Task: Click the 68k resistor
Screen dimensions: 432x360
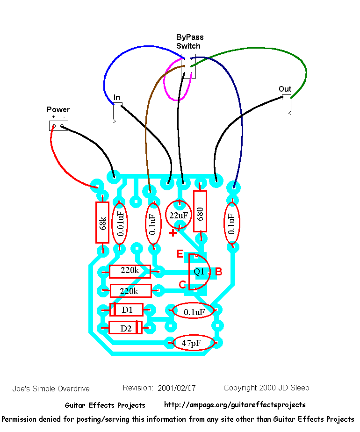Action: click(x=102, y=223)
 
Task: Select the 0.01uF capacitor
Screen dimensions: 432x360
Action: click(x=120, y=223)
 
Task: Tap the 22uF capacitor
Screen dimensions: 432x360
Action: click(x=178, y=216)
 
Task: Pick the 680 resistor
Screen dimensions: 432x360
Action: click(x=200, y=211)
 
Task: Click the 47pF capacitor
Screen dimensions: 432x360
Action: click(x=194, y=343)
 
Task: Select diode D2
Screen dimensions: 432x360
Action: click(x=125, y=328)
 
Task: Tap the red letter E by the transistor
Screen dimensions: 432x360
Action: click(x=180, y=254)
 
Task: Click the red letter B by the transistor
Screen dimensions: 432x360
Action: click(x=218, y=271)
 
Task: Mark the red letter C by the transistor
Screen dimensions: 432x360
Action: click(x=182, y=285)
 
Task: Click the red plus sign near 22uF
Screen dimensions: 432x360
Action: click(x=173, y=232)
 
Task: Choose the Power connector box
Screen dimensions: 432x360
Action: click(x=58, y=125)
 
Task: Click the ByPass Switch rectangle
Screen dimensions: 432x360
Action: click(x=188, y=66)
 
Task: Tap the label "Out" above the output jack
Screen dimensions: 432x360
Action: click(x=285, y=89)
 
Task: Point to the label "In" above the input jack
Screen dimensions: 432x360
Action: click(x=117, y=97)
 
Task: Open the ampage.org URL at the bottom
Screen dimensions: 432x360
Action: click(x=235, y=405)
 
